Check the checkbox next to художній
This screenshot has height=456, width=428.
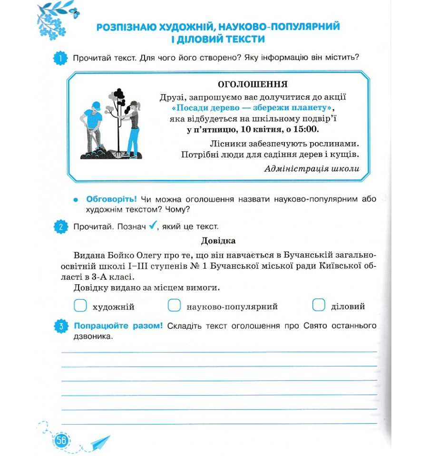pos(80,305)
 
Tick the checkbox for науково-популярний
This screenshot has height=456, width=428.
pos(174,305)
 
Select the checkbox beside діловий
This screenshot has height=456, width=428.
pos(319,305)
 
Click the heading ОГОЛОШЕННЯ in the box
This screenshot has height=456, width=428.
pos(253,85)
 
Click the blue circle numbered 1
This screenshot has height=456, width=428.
pos(60,59)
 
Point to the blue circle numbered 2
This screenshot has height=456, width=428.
pos(60,227)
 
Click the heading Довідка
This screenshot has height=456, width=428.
pos(218,241)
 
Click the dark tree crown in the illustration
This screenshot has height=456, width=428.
pos(117,95)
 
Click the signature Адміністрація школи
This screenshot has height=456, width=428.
pos(311,168)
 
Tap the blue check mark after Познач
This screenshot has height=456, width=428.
pos(153,227)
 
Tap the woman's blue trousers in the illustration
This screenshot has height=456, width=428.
pos(134,140)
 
